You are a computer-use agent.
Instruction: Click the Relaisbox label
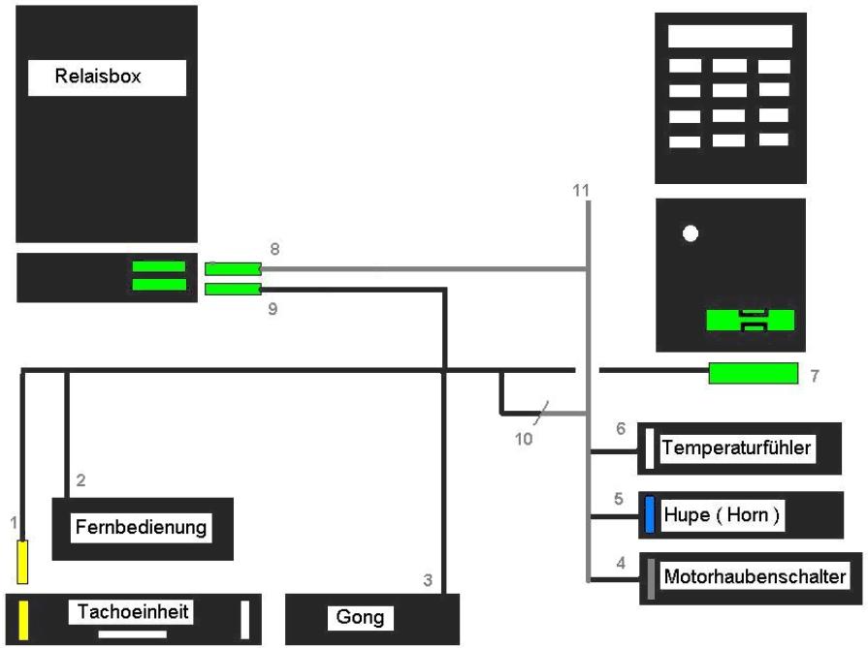click(x=107, y=77)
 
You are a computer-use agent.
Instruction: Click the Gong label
click(x=361, y=617)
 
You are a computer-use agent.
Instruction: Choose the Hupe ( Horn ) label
click(x=722, y=513)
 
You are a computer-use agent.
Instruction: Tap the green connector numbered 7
click(x=753, y=372)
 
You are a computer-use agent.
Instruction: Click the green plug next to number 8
click(x=233, y=268)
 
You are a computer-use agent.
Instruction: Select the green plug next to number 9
click(x=233, y=289)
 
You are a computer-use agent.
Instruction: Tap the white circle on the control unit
click(x=690, y=233)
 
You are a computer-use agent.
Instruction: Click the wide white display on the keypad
click(x=730, y=37)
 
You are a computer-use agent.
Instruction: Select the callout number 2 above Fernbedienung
click(x=81, y=479)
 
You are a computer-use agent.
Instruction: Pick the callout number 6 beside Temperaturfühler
click(x=622, y=427)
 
